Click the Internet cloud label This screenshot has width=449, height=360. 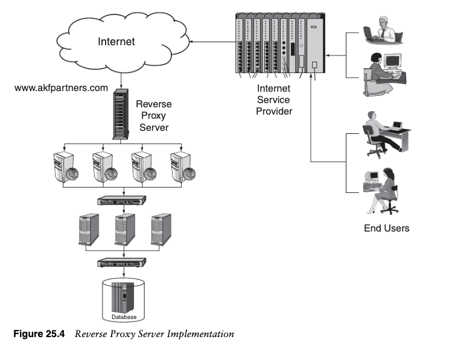116,42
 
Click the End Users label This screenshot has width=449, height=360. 386,229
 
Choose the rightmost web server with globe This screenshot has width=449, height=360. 182,167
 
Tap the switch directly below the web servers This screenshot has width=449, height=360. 123,201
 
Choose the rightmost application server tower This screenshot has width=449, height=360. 161,229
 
